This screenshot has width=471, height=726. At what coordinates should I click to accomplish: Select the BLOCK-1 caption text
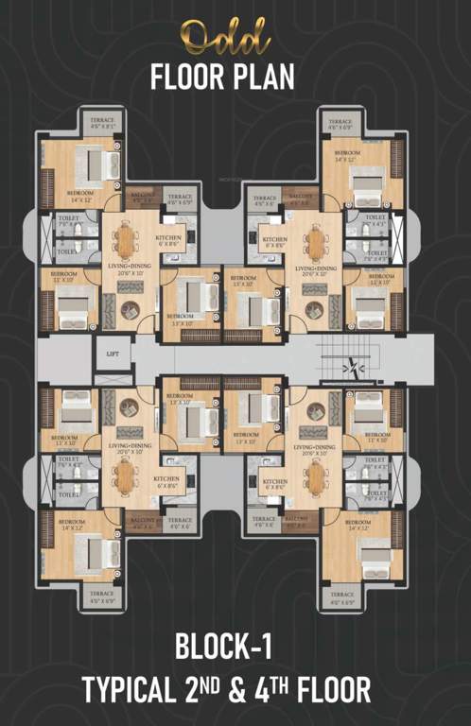[224, 648]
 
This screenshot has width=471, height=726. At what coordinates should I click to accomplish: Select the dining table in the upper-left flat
[125, 243]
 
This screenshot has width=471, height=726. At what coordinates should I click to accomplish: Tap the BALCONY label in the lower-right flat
[297, 520]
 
